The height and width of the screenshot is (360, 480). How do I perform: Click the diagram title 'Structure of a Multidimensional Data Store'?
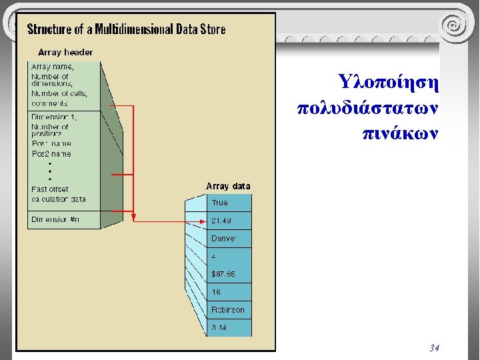coord(126,29)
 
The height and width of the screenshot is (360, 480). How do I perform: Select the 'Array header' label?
coord(65,52)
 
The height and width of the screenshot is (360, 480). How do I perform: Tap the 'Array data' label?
coord(228,186)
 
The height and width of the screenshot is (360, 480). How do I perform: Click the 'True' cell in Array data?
coord(220,203)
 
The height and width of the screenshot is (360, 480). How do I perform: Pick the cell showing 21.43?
coord(221,221)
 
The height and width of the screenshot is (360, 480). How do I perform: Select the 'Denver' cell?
coord(224,239)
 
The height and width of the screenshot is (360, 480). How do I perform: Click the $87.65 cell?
coord(223,274)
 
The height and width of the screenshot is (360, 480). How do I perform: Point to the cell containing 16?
coord(216,292)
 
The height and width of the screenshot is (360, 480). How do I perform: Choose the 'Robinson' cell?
coord(228,310)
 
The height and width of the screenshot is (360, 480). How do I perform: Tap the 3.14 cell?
coord(219,327)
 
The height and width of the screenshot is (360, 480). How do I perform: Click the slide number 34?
coord(434,347)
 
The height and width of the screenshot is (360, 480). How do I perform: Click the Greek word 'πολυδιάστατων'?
coord(368,107)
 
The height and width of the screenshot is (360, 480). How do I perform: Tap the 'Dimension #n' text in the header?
coord(55,219)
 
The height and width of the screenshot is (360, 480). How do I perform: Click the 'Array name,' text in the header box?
coord(53,67)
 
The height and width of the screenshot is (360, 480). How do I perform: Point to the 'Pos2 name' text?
coord(51,154)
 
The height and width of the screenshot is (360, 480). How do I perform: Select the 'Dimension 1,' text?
coord(54,117)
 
